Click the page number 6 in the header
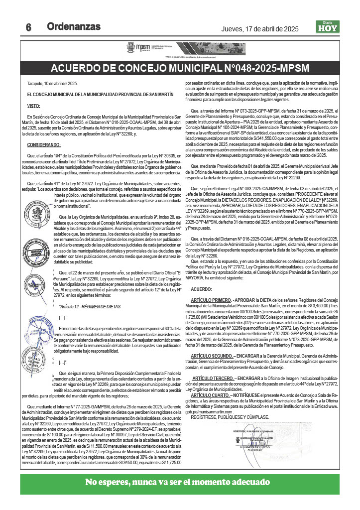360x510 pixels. [x=28, y=28]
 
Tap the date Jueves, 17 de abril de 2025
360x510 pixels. [x=259, y=29]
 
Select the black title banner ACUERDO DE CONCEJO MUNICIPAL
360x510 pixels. [x=180, y=68]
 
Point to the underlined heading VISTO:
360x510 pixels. [x=34, y=106]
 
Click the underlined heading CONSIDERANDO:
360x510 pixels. [x=44, y=144]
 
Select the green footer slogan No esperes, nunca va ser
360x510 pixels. [x=178, y=482]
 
